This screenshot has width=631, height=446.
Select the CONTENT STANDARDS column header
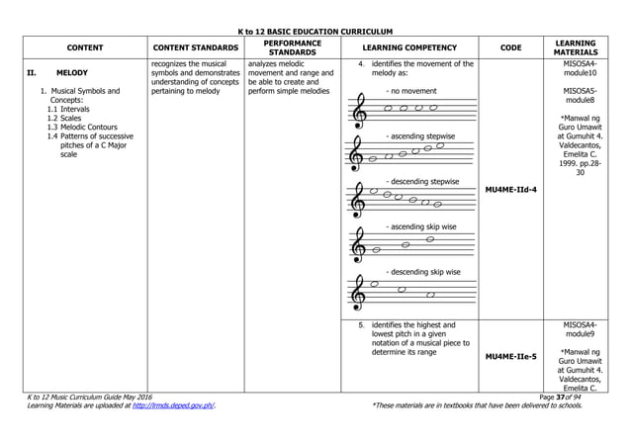coord(194,46)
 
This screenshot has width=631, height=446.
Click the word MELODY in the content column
coord(72,73)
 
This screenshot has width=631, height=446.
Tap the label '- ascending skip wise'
coord(420,226)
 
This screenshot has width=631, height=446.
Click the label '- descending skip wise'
coord(422,271)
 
